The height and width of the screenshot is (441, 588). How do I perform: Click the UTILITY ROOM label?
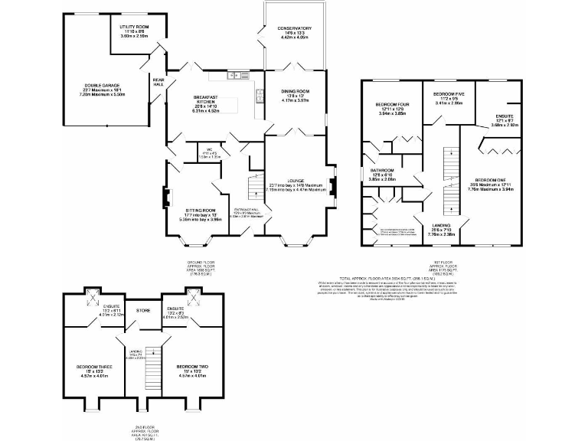[133, 27]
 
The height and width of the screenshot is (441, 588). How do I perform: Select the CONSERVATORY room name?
[294, 28]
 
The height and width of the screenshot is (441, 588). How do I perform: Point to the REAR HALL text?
[158, 81]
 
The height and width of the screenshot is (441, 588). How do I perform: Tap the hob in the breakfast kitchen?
[260, 96]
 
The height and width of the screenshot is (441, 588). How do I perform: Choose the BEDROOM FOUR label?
[391, 104]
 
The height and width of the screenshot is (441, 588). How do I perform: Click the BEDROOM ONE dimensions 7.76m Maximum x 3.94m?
[485, 189]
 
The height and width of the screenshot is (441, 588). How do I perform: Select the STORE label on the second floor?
[143, 311]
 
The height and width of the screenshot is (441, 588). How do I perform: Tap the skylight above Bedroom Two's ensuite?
[191, 295]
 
